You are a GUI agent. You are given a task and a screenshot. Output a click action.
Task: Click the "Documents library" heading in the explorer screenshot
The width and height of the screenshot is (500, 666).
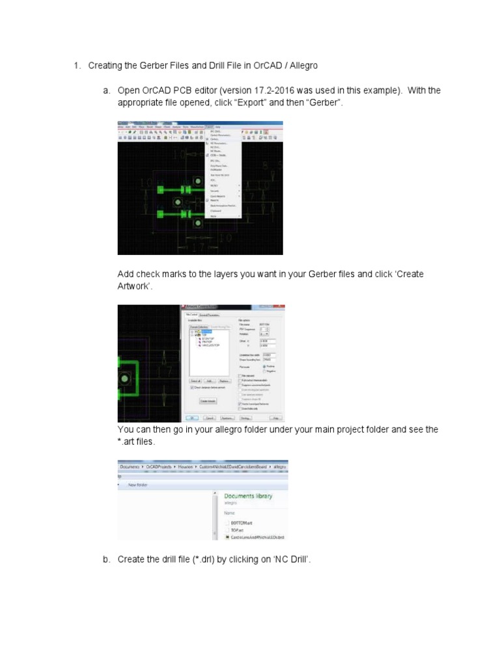tap(248, 496)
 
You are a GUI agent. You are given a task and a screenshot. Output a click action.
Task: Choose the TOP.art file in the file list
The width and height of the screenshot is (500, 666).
tap(237, 530)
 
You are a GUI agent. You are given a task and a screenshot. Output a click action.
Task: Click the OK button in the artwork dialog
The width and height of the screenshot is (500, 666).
tap(193, 418)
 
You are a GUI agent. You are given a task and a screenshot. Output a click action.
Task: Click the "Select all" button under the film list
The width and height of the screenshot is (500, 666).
tap(194, 381)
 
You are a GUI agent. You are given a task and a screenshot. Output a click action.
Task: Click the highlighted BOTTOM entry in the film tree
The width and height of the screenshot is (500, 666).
tap(207, 332)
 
